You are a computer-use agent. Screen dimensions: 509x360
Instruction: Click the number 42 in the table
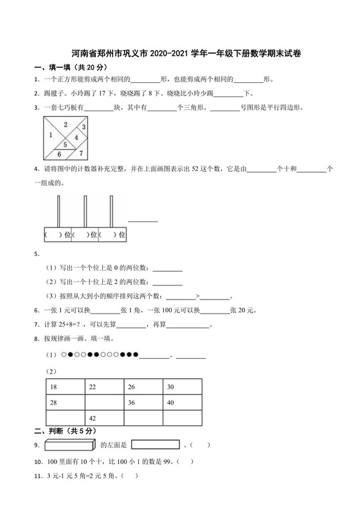(x=93, y=418)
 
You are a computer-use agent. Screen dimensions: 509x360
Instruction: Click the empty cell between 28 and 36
(x=105, y=402)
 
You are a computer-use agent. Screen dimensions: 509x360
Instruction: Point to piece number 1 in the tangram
(x=50, y=134)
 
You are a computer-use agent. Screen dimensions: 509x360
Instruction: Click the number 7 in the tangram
(x=81, y=153)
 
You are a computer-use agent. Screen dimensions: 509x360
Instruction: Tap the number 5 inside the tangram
(x=65, y=145)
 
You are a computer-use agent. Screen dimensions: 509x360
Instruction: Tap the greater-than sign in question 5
(x=198, y=297)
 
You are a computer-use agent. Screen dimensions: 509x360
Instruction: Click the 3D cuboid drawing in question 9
(x=70, y=444)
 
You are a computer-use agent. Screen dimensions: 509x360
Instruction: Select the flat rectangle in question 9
(x=155, y=444)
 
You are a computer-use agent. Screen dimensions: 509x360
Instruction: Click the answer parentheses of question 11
(x=129, y=476)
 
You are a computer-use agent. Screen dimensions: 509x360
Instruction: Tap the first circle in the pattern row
(x=64, y=355)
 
